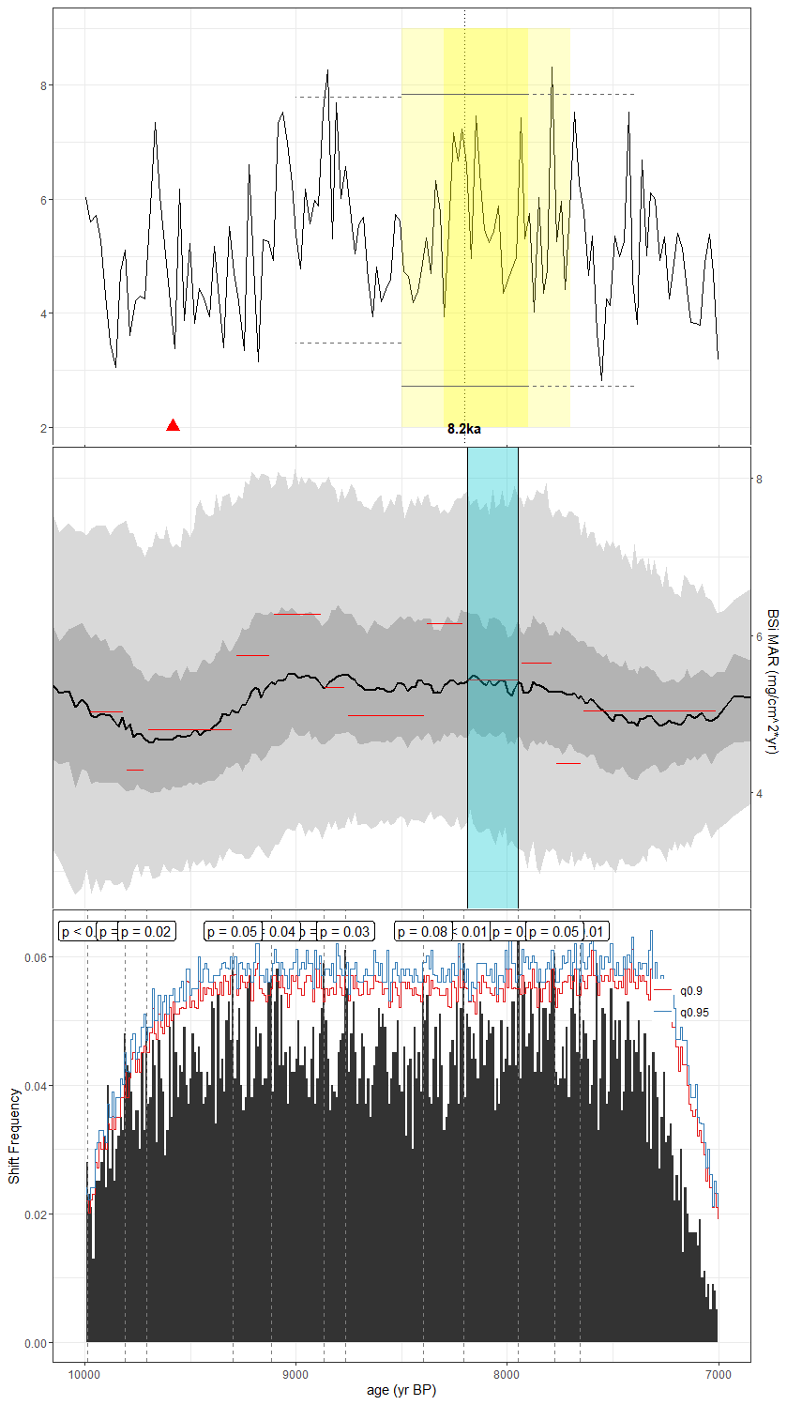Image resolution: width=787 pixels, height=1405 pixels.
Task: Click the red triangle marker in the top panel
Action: coord(173,425)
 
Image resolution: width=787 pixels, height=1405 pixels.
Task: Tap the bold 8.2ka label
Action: coord(464,429)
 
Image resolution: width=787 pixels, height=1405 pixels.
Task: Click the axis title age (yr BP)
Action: coord(401,1390)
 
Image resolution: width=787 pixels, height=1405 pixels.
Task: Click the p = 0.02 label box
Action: coord(146,931)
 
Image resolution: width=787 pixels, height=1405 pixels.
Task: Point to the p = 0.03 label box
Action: coord(344,931)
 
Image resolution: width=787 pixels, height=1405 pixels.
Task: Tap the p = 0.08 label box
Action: coord(422,931)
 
